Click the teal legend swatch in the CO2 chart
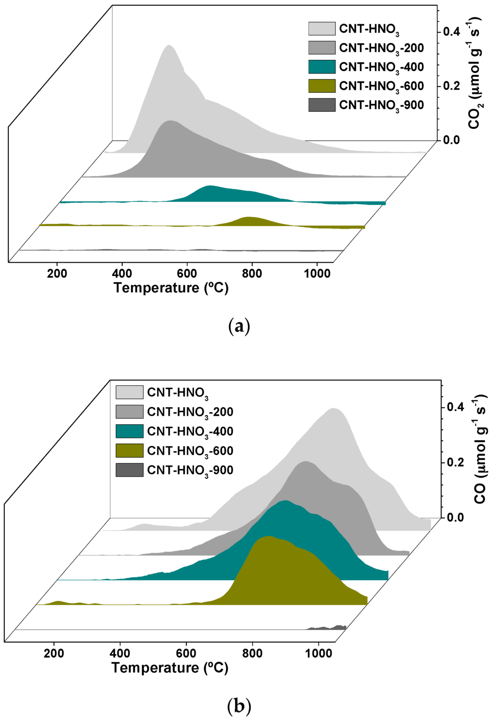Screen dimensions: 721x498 click(x=321, y=67)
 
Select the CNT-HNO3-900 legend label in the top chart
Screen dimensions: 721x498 click(x=381, y=105)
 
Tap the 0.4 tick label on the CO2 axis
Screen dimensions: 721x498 click(x=451, y=32)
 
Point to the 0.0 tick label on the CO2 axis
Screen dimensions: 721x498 click(x=451, y=140)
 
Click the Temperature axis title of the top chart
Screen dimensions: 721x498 click(x=171, y=288)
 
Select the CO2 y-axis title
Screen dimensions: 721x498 click(x=475, y=73)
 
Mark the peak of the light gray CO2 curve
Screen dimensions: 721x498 click(x=169, y=46)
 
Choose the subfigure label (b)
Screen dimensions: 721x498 click(x=239, y=705)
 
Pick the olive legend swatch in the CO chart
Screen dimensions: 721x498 click(x=129, y=451)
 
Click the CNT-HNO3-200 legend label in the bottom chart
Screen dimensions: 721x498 click(x=190, y=412)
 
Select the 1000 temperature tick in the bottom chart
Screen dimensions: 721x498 click(x=319, y=653)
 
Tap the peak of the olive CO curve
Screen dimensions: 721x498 click(x=268, y=536)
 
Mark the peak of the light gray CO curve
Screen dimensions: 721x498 click(x=334, y=409)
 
